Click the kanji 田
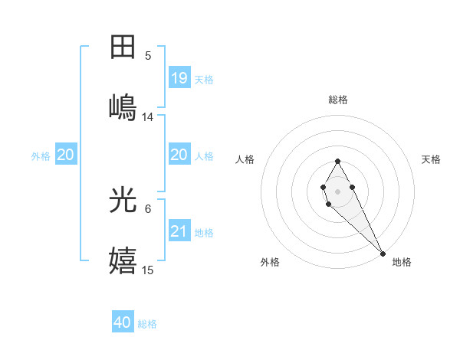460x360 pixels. (123, 47)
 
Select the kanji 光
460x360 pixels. (123, 200)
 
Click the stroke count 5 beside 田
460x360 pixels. (148, 55)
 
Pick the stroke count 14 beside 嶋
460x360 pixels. (148, 116)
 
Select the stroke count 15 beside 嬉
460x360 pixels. (148, 270)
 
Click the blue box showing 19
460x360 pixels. (179, 77)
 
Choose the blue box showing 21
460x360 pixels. (179, 231)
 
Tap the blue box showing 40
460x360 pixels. (123, 322)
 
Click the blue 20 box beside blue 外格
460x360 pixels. (66, 155)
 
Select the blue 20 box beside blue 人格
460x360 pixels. (179, 155)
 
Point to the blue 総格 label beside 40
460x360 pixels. (147, 324)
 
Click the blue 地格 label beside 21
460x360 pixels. (204, 232)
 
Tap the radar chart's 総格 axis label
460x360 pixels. (338, 100)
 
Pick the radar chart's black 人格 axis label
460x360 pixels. (245, 159)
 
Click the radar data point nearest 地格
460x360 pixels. (383, 253)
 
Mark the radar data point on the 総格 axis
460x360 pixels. (337, 161)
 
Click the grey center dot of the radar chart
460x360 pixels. (337, 190)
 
